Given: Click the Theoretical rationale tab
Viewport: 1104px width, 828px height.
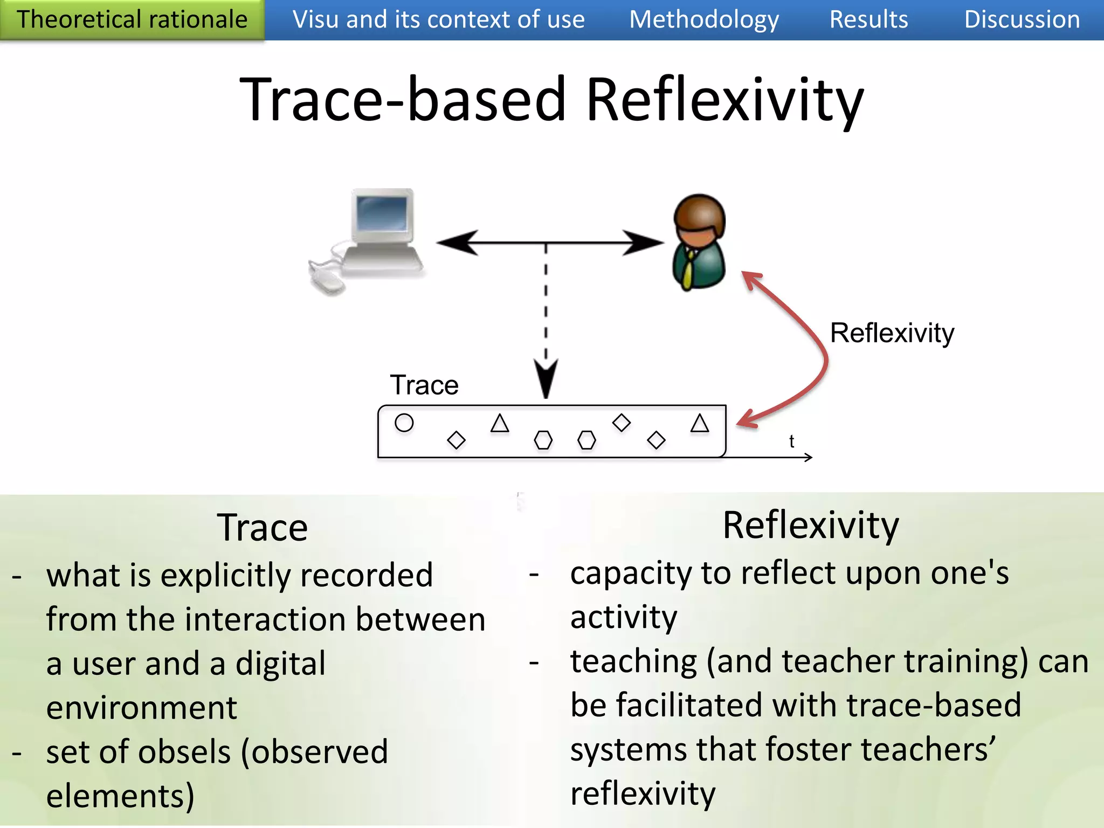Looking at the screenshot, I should point(132,20).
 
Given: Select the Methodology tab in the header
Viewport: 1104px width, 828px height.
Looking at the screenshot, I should point(704,20).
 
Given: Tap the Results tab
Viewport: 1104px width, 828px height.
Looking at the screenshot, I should point(868,20).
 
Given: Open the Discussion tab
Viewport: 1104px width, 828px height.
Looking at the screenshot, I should point(1022,20).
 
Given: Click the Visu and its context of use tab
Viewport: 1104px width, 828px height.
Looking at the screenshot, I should point(438,20).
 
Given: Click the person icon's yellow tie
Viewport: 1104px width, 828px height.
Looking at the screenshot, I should point(688,270).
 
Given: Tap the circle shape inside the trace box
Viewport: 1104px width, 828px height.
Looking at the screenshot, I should point(404,423).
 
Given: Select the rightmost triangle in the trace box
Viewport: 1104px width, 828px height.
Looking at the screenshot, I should point(700,424).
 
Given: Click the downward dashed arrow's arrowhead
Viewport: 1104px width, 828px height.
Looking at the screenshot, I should point(546,380).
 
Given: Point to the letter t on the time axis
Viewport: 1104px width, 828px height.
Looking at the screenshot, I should point(791,441).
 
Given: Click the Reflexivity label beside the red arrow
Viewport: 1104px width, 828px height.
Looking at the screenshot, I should point(892,333).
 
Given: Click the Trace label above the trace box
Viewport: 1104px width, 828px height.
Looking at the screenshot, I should point(424,385).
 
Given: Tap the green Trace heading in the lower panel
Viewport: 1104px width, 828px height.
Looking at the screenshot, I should point(262,527).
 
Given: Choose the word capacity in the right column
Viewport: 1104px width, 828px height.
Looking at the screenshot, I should point(630,573).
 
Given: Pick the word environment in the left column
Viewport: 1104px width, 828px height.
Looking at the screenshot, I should point(141,707).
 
